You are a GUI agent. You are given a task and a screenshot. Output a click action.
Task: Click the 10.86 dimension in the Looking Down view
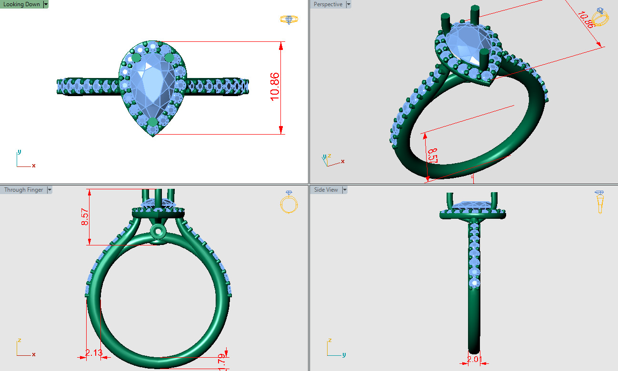tap(275, 87)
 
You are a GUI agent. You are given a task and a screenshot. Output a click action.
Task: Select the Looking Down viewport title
tap(22, 4)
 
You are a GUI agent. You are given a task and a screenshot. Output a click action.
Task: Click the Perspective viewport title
tap(328, 4)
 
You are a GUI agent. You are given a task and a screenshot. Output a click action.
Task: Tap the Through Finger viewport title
tap(23, 190)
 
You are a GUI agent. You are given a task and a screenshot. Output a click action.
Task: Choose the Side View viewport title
tap(326, 190)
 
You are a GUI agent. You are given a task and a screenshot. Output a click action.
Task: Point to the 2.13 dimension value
tap(94, 352)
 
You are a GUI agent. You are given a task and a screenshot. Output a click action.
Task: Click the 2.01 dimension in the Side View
tap(474, 359)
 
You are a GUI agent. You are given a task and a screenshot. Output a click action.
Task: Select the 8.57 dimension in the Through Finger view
tap(85, 217)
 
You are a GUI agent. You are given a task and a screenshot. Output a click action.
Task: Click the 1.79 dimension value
tap(222, 362)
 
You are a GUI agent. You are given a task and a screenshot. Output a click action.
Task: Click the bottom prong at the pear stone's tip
tap(152, 123)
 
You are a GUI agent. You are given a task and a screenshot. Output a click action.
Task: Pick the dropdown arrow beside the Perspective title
tap(349, 4)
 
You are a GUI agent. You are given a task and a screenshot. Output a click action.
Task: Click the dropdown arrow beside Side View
tap(345, 190)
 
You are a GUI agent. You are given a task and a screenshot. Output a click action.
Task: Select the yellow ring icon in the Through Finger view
tap(289, 203)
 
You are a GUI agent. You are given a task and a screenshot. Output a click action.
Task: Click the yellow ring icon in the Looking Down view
tap(289, 20)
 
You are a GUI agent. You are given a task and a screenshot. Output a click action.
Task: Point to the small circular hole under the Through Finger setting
tap(157, 232)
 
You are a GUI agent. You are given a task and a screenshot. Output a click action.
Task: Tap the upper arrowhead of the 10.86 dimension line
tap(281, 46)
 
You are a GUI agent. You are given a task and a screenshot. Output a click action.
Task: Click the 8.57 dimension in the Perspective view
tap(432, 156)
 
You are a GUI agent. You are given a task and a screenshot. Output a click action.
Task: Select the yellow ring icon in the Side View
tap(600, 202)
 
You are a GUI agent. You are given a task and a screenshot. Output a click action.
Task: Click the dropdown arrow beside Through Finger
tap(50, 190)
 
